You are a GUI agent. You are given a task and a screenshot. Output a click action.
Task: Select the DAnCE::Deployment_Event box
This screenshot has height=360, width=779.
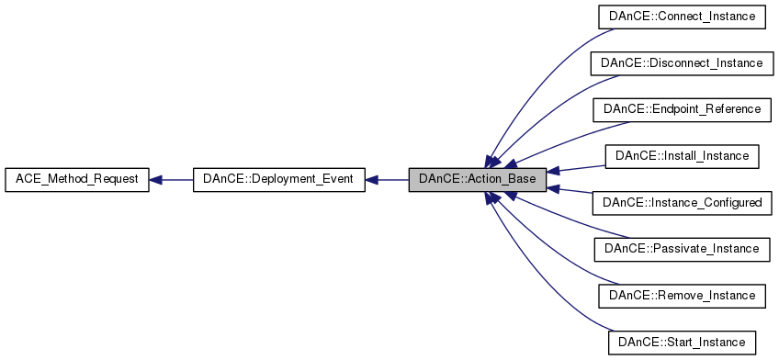pyautogui.click(x=278, y=180)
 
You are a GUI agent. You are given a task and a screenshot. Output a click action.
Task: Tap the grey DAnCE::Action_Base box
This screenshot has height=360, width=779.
pyautogui.click(x=478, y=180)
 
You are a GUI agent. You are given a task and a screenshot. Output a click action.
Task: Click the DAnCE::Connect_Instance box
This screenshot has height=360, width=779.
pyautogui.click(x=681, y=17)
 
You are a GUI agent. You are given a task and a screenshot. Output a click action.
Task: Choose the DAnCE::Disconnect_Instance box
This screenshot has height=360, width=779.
pyautogui.click(x=681, y=63)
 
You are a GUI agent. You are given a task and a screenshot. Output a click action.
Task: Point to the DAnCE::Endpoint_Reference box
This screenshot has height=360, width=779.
pyautogui.click(x=681, y=109)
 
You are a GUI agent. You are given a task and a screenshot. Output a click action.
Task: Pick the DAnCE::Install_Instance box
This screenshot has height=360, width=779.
pyautogui.click(x=681, y=156)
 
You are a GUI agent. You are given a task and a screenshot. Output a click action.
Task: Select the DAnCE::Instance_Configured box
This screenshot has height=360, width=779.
pyautogui.click(x=681, y=202)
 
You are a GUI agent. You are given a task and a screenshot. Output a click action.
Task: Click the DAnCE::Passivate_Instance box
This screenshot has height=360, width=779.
pyautogui.click(x=681, y=249)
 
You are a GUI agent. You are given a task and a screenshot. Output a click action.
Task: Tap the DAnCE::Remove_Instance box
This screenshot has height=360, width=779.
pyautogui.click(x=681, y=296)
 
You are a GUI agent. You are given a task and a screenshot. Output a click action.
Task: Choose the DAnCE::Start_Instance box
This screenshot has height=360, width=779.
pyautogui.click(x=681, y=343)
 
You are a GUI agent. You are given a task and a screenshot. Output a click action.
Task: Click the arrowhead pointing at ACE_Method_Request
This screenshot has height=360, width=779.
pyautogui.click(x=156, y=180)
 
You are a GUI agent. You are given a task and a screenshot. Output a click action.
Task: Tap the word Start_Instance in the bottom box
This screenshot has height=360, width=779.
pyautogui.click(x=703, y=343)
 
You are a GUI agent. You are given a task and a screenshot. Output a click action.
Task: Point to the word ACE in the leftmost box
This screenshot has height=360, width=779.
pyautogui.click(x=25, y=180)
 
